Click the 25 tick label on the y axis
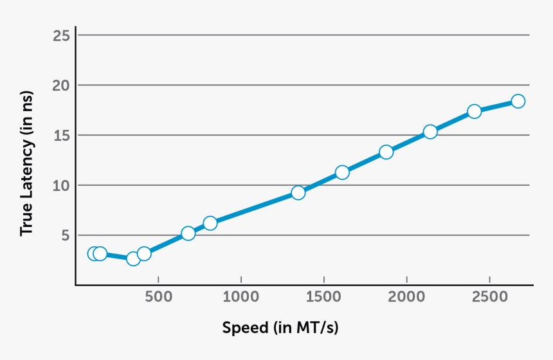pyautogui.click(x=61, y=35)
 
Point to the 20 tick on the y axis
pyautogui.click(x=61, y=85)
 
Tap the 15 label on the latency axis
pyautogui.click(x=61, y=135)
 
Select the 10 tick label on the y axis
pyautogui.click(x=61, y=185)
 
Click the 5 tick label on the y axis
pyautogui.click(x=65, y=235)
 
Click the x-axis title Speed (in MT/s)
pyautogui.click(x=280, y=328)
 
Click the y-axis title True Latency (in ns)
pyautogui.click(x=26, y=163)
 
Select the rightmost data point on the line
pyautogui.click(x=518, y=101)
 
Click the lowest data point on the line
pyautogui.click(x=133, y=258)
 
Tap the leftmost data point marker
pyautogui.click(x=94, y=254)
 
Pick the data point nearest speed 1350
pyautogui.click(x=298, y=193)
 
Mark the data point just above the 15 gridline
pyautogui.click(x=430, y=132)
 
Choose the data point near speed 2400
pyautogui.click(x=475, y=111)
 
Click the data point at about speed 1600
pyautogui.click(x=342, y=172)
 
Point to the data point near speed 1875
pyautogui.click(x=386, y=152)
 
